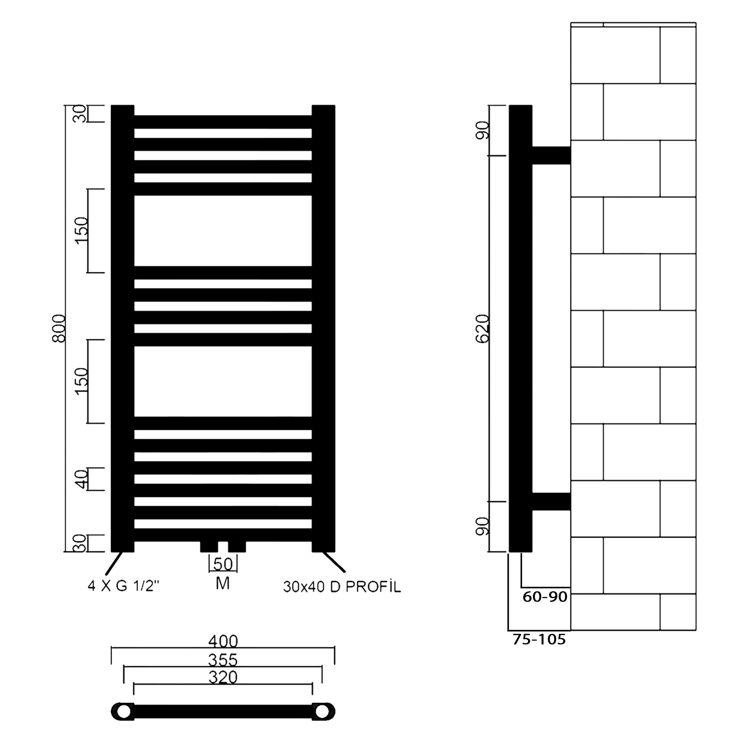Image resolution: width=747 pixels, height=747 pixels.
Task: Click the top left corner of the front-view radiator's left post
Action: tap(111, 105)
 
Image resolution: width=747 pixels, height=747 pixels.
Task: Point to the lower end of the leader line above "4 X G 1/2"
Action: tap(106, 573)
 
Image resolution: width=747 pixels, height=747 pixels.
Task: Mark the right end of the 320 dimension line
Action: tap(312, 684)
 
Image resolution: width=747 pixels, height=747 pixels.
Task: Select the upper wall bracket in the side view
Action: tap(551, 155)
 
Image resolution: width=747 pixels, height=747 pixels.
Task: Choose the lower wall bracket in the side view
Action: tap(551, 502)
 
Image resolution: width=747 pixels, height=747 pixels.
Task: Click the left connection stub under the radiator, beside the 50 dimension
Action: tap(209, 547)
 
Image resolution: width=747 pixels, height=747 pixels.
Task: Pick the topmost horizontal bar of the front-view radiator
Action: tap(223, 122)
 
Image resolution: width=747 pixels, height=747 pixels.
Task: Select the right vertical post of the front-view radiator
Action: tap(323, 328)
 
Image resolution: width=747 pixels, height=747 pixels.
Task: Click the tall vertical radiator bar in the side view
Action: tap(520, 328)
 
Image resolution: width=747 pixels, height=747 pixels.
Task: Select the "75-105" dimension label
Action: tap(539, 639)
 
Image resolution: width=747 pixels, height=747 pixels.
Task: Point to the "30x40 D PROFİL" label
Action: tap(342, 587)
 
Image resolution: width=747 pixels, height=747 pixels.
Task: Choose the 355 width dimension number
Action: tap(223, 660)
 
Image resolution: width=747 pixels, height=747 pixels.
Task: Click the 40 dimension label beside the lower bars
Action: tap(81, 480)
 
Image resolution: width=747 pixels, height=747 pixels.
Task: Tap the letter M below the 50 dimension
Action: tap(223, 583)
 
